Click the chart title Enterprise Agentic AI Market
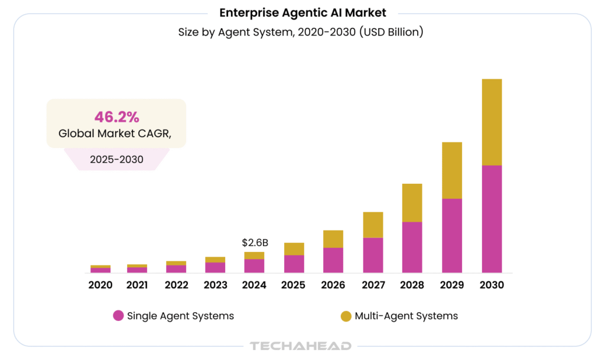click(x=302, y=13)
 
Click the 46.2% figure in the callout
click(x=116, y=116)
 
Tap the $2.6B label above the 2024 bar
click(x=255, y=242)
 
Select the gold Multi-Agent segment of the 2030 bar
click(x=492, y=122)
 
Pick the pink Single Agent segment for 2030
click(x=492, y=219)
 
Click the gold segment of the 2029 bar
click(x=452, y=170)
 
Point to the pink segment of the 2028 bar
click(x=412, y=247)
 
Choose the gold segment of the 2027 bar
click(x=373, y=225)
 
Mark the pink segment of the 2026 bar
click(x=333, y=260)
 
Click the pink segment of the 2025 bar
click(x=294, y=264)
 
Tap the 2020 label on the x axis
click(x=100, y=285)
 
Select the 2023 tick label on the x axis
click(x=215, y=285)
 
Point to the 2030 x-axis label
click(x=492, y=285)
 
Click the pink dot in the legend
click(x=118, y=316)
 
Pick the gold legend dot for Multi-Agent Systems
click(x=346, y=316)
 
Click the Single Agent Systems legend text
click(x=180, y=316)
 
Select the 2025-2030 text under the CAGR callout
click(x=116, y=160)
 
